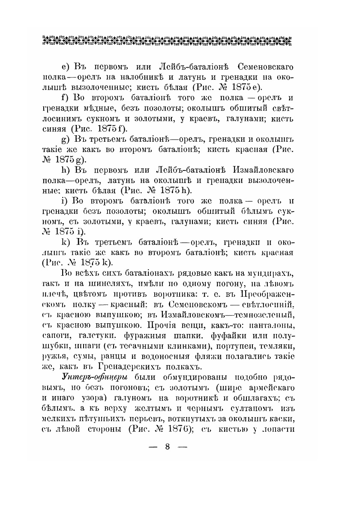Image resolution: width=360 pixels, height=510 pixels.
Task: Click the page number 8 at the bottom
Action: click(167, 447)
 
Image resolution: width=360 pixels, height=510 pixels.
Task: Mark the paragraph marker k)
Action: click(66, 242)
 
